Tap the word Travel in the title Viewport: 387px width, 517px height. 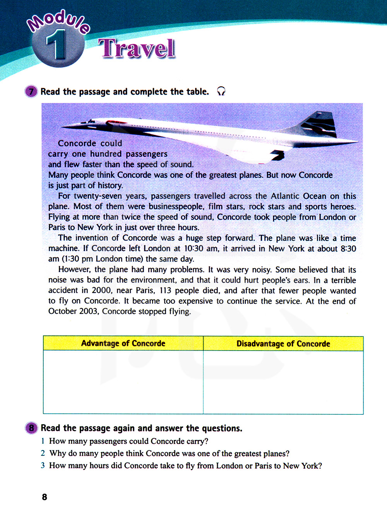(137, 49)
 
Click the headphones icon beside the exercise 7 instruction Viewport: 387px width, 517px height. (221, 91)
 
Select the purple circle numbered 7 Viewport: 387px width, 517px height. (31, 92)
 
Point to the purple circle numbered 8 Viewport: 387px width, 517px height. (31, 428)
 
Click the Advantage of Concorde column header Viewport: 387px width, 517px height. (123, 343)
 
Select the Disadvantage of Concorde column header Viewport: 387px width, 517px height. (283, 344)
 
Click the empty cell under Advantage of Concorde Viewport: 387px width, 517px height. (123, 382)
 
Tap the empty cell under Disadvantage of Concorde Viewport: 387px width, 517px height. (283, 382)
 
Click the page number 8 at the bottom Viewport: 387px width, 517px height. (45, 497)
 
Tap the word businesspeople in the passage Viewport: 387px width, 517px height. (176, 207)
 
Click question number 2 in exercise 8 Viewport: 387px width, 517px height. (43, 453)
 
